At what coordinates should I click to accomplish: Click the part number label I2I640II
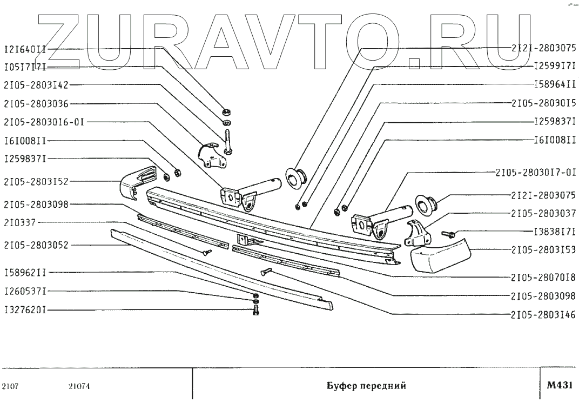pos(24,48)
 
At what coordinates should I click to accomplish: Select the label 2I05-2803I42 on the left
pos(36,85)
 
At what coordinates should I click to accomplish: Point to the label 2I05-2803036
pos(36,103)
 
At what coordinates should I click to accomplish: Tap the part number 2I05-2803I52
pos(36,181)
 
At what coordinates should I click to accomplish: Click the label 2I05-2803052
pos(36,245)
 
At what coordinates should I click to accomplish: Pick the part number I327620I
pos(24,311)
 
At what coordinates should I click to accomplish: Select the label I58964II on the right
pos(554,84)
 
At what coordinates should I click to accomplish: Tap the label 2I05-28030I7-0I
pos(535,173)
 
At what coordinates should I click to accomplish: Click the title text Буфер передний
pos(366,386)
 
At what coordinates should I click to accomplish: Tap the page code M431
pos(559,385)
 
